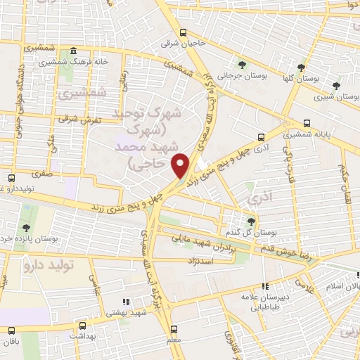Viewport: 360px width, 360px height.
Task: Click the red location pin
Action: pyautogui.click(x=182, y=166)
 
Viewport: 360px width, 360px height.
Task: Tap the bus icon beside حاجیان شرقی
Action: pyautogui.click(x=184, y=32)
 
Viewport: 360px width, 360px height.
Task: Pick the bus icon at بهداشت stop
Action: pyautogui.click(x=83, y=326)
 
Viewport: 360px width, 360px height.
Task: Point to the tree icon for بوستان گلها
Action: pyautogui.click(x=302, y=67)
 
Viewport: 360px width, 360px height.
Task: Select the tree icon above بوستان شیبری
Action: pyautogui.click(x=336, y=86)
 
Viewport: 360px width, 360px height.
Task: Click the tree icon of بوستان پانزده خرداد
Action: pyautogui.click(x=26, y=227)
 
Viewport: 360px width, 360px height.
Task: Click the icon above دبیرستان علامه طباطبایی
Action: pyautogui.click(x=265, y=286)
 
